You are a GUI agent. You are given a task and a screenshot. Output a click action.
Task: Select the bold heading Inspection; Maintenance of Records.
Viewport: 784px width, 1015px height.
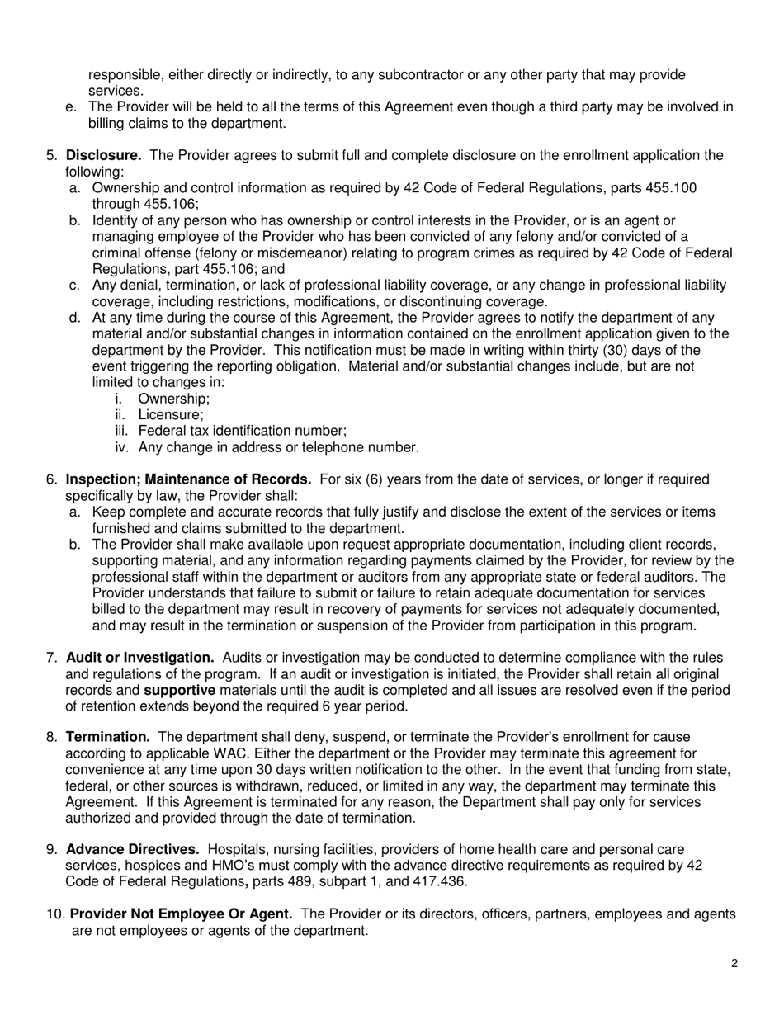(188, 479)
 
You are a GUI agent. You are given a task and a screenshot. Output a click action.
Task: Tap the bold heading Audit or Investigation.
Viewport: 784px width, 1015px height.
(140, 657)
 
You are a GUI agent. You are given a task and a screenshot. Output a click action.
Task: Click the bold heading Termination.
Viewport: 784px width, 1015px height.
(107, 736)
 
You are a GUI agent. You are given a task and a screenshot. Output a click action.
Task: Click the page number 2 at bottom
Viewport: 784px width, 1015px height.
(734, 962)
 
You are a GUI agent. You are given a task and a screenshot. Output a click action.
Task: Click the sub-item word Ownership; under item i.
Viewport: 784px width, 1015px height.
(174, 399)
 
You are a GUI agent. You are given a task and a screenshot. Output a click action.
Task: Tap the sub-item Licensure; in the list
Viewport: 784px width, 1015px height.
(171, 414)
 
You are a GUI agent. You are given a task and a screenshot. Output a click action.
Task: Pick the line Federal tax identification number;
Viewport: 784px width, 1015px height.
(242, 431)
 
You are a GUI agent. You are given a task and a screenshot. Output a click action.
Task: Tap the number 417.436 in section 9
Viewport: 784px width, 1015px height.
(442, 881)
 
